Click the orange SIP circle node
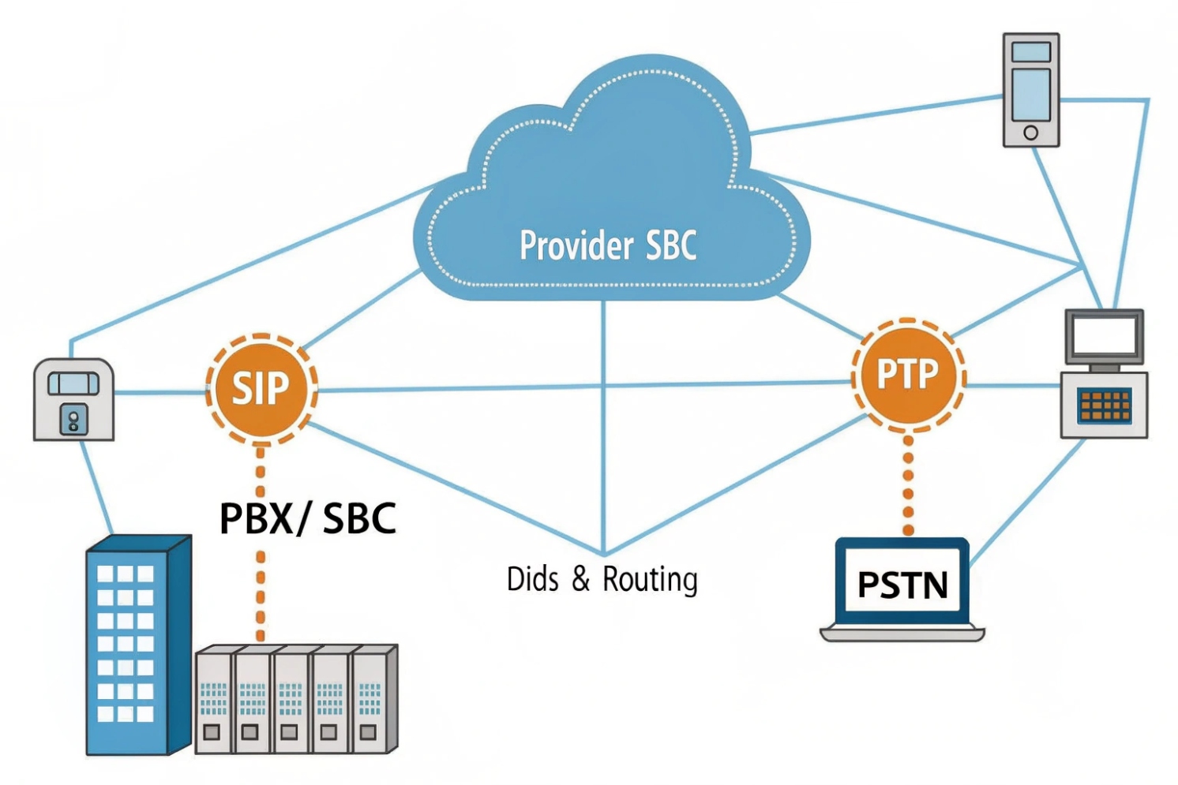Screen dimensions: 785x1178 (x=261, y=388)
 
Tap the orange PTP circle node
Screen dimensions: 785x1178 (x=908, y=375)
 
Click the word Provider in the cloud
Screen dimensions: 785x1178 (x=576, y=245)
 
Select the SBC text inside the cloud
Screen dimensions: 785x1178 (x=671, y=245)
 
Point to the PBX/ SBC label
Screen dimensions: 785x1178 (x=307, y=518)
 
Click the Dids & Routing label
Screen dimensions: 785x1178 (x=602, y=579)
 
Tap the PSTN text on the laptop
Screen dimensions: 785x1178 (x=902, y=585)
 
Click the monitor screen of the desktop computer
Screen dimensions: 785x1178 (x=1104, y=336)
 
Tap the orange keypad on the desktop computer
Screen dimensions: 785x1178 (x=1105, y=406)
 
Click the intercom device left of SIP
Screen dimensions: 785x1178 (x=73, y=399)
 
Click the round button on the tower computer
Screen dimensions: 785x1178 (x=1030, y=133)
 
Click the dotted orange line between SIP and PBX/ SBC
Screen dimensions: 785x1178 (x=261, y=470)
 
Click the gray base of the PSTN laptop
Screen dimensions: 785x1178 (x=902, y=633)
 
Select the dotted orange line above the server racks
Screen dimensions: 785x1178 (x=261, y=596)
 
